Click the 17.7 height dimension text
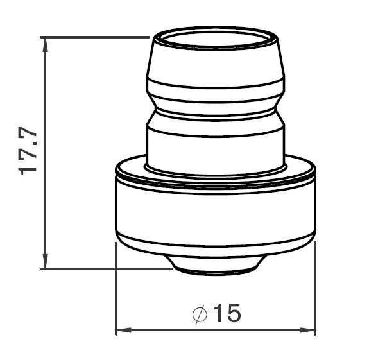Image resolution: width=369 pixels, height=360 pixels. point(30,150)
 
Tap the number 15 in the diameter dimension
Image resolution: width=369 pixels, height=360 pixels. point(225,314)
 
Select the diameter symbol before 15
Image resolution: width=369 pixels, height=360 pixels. point(200,314)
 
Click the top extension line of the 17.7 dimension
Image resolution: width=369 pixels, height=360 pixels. point(96,37)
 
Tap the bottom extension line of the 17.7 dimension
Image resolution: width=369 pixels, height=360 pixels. point(106,269)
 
